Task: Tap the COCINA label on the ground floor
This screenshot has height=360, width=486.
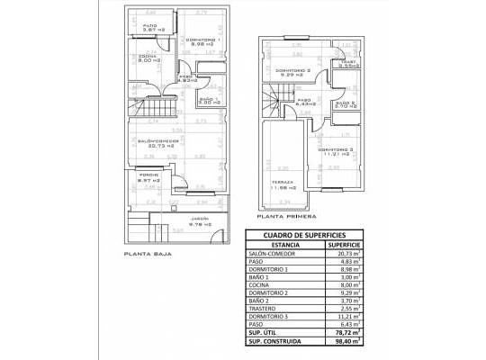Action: click(147, 58)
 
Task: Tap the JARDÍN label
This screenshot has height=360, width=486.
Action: click(199, 219)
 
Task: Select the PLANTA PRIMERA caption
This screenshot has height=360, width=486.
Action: click(286, 217)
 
